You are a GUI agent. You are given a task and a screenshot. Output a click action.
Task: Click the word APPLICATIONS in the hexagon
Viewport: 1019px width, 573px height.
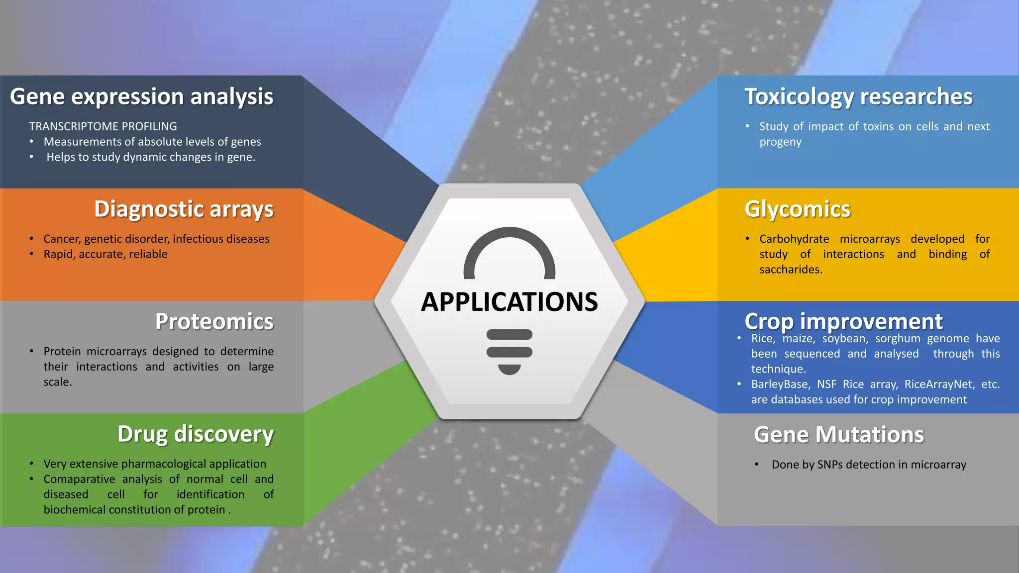pos(509,302)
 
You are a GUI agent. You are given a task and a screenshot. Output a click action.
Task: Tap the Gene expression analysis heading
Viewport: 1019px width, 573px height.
pos(141,96)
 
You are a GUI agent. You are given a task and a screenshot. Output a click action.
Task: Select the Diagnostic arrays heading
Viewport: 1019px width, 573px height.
pos(184,209)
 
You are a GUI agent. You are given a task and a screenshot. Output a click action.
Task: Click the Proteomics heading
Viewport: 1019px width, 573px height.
pos(214,321)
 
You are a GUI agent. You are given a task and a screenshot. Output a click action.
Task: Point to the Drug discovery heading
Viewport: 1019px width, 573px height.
pos(195,434)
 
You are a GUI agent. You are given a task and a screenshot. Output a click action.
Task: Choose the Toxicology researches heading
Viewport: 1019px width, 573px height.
pos(858,96)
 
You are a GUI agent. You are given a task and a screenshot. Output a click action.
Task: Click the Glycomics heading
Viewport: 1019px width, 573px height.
pos(797,209)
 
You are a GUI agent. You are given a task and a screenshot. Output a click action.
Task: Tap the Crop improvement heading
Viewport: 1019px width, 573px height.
pos(843,321)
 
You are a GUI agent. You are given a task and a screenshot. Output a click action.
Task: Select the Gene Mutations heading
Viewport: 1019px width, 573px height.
pos(839,434)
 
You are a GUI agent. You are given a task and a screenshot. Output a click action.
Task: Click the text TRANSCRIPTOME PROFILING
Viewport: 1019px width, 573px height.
pos(103,126)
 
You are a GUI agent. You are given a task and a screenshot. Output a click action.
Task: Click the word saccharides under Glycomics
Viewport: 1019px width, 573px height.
pos(790,270)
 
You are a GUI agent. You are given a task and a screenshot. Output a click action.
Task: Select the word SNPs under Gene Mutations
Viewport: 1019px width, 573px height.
pos(830,465)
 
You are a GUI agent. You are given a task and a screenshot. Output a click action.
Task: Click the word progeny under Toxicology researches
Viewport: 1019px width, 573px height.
pos(780,142)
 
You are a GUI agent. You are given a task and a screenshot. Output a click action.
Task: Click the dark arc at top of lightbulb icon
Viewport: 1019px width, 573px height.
pos(509,236)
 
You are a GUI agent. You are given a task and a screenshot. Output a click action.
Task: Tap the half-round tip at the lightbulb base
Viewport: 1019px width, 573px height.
pos(509,370)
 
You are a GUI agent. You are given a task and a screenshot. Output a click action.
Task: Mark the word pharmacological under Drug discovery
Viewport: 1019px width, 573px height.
pos(163,464)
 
